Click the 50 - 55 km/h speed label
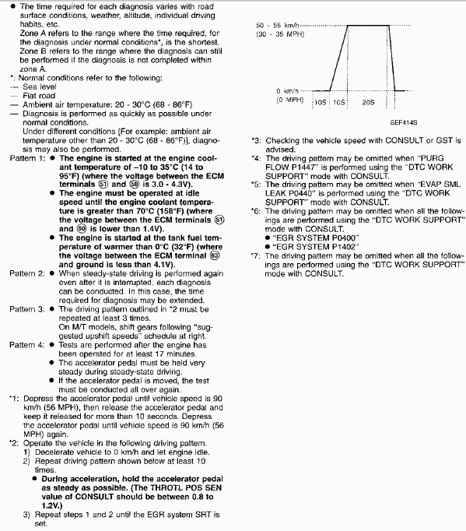click(x=281, y=26)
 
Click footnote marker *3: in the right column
click(x=256, y=140)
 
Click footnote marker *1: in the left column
click(x=12, y=398)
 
